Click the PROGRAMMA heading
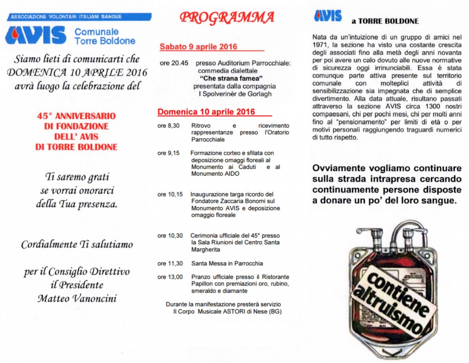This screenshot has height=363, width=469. click(x=227, y=18)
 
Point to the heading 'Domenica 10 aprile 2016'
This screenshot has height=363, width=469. click(x=206, y=112)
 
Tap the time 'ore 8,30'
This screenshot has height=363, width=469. click(x=169, y=125)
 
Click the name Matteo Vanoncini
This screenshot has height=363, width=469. click(x=76, y=299)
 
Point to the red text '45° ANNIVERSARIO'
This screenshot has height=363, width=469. click(x=76, y=116)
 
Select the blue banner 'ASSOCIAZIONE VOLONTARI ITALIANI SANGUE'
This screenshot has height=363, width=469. click(x=66, y=17)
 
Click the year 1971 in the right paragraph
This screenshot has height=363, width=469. click(x=321, y=44)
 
